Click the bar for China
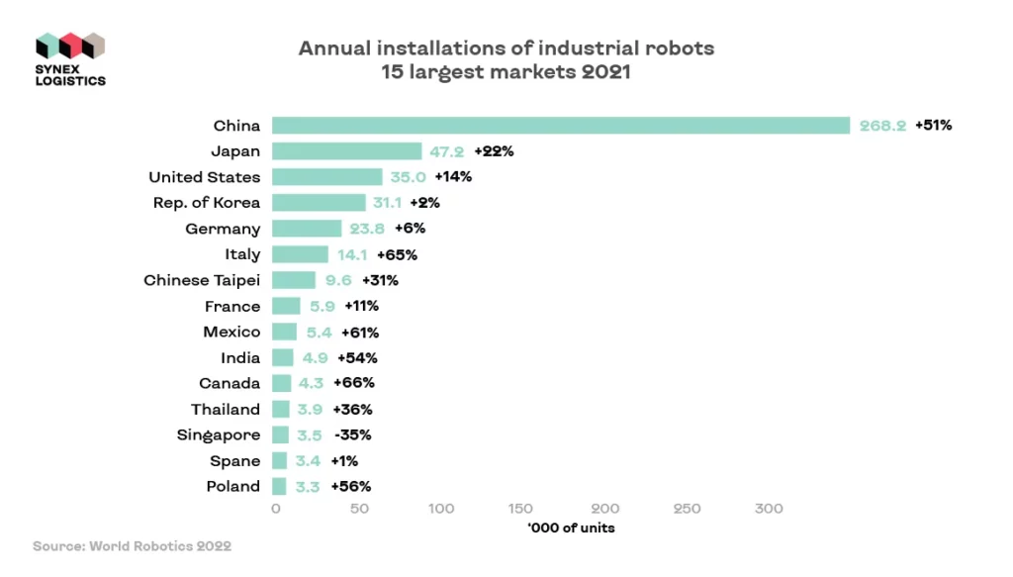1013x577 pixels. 560,126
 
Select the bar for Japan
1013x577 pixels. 346,151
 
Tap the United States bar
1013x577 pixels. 326,177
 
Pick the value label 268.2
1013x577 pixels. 882,126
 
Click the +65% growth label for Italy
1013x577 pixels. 397,254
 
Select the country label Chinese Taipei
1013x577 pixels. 202,280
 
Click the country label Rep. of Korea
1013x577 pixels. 207,203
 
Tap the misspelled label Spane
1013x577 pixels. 234,460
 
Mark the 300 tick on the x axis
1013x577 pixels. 769,509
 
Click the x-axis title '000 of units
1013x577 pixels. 571,528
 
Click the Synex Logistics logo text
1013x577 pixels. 70,73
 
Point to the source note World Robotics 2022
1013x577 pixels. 132,545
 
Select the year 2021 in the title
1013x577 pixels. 603,72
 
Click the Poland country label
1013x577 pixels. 232,486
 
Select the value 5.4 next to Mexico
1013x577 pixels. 318,332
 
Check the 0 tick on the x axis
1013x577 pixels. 276,509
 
